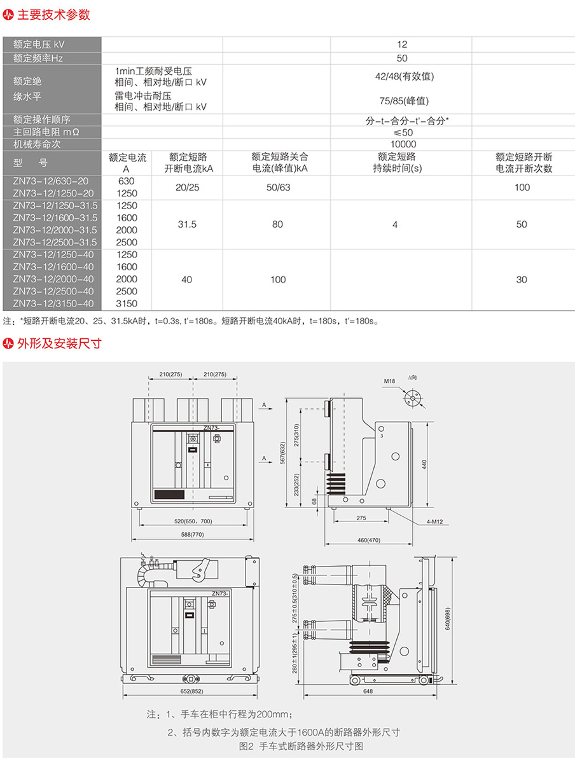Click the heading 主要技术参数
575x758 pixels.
53,15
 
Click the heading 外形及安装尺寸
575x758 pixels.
60,343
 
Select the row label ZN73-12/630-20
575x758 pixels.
51,181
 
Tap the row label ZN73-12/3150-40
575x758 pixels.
53,303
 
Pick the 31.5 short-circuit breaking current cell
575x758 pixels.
187,224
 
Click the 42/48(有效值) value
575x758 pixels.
405,76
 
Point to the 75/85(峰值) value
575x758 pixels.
405,101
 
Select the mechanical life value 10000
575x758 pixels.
403,144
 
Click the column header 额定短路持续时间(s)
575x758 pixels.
397,162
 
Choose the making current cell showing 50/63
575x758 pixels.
279,188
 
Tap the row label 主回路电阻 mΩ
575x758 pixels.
46,132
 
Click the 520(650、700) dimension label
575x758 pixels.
193,521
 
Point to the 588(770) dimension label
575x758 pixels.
193,535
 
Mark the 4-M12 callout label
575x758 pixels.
435,521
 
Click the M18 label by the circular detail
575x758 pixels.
389,381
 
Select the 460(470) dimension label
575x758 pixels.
369,540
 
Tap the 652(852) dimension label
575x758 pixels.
192,691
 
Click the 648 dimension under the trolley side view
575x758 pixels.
368,691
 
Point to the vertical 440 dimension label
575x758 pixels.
424,465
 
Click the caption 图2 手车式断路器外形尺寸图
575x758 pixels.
301,747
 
